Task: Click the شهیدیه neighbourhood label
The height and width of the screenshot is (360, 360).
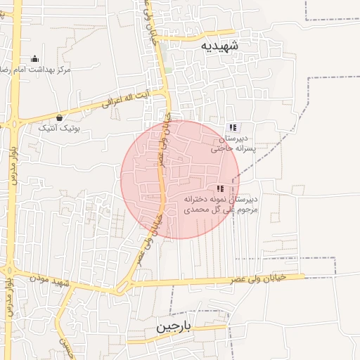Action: click(x=219, y=46)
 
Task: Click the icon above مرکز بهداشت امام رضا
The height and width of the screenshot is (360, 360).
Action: click(x=35, y=59)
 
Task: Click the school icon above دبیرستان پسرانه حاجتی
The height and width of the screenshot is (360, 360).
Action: click(x=233, y=127)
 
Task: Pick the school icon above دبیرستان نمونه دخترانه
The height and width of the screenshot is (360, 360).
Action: click(x=221, y=188)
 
